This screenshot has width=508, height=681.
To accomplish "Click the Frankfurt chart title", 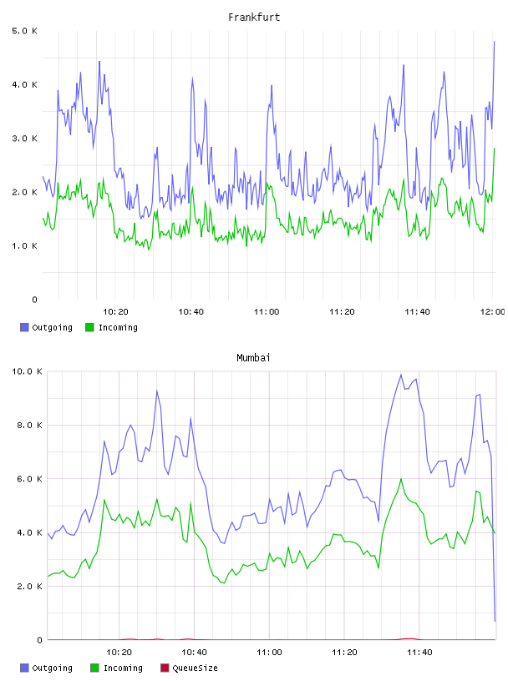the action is click(254, 18).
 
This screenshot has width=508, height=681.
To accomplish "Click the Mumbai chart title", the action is click(253, 358).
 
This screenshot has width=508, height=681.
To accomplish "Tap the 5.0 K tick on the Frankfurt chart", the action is click(25, 31).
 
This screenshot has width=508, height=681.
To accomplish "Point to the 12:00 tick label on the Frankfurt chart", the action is click(492, 312).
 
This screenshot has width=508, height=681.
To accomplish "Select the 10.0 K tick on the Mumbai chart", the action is click(27, 371).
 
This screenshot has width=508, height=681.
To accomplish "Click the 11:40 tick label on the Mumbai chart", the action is click(419, 653).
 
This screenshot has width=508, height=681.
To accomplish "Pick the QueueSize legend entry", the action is click(189, 668).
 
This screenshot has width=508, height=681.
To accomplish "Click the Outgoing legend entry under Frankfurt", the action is click(47, 327).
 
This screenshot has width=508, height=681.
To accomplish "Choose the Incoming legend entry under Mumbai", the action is click(117, 668).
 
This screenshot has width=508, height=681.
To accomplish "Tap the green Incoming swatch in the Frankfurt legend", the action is click(89, 327).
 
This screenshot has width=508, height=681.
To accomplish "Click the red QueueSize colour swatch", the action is click(165, 668).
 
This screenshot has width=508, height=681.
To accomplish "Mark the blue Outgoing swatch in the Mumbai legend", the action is click(24, 668).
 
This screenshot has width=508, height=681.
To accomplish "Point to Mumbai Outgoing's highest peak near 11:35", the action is click(401, 375).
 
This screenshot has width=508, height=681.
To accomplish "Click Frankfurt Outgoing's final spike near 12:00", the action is click(494, 42).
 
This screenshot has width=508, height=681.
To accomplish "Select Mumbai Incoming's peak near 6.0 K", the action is click(401, 479).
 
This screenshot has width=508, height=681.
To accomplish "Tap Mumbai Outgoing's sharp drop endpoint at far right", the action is click(495, 621).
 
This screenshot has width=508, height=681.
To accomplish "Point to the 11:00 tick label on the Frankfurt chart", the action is click(267, 312).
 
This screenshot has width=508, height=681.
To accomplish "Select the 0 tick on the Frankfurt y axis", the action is click(35, 300).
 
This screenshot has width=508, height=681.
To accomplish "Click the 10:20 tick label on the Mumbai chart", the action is click(119, 653).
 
